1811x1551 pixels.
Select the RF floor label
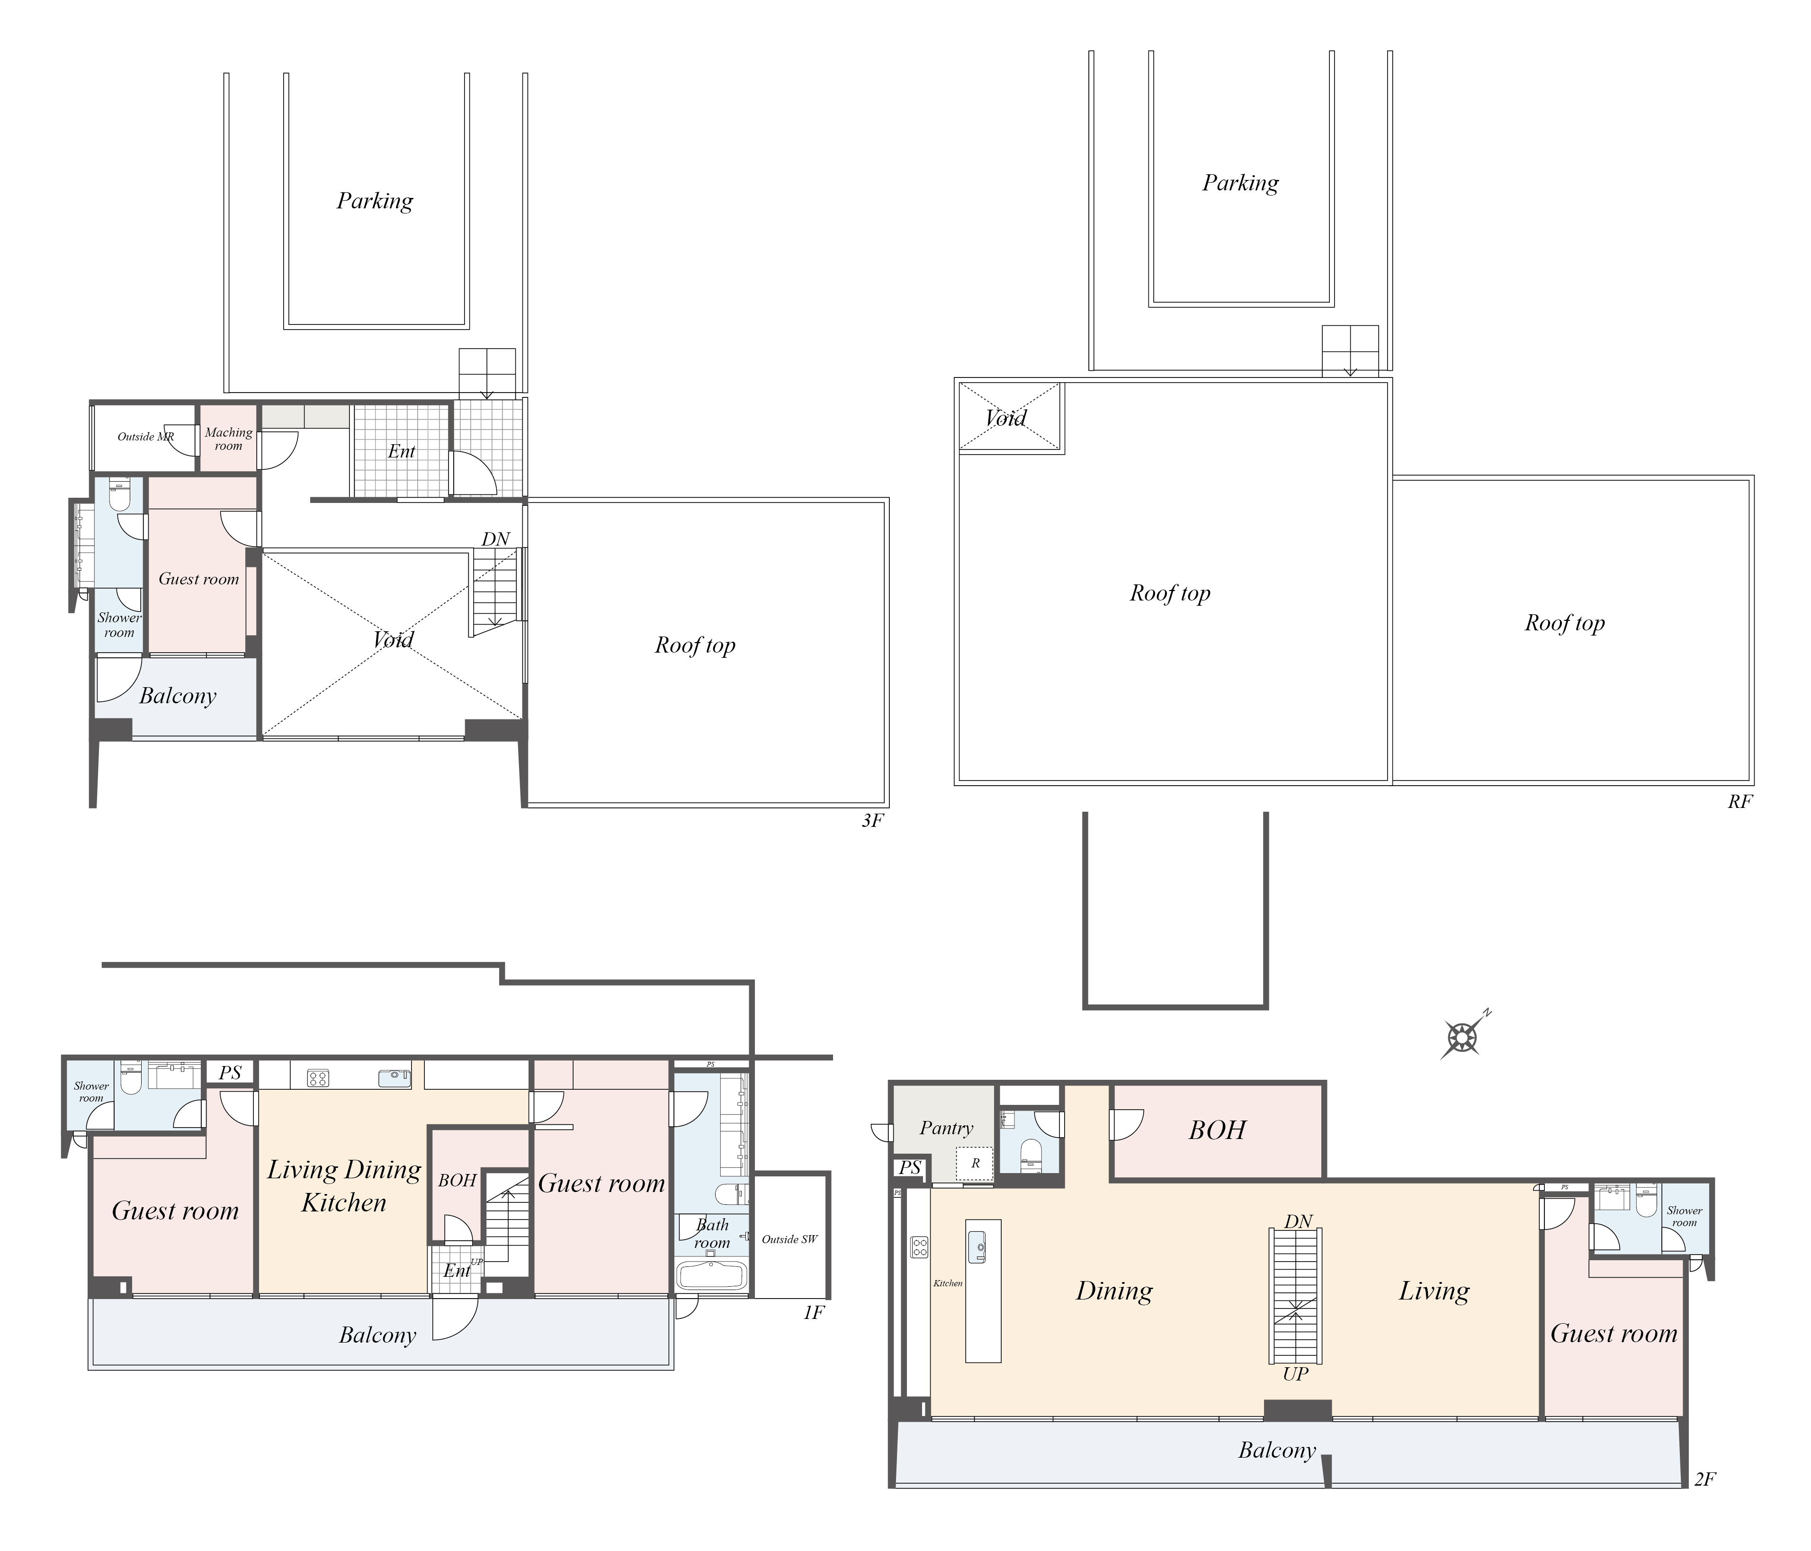point(1739,801)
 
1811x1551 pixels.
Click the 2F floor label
point(1704,1479)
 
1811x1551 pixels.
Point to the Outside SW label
point(790,1239)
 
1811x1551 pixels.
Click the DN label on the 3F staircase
point(495,539)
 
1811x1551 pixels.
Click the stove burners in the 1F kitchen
point(318,1078)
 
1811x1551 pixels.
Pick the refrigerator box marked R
point(975,1163)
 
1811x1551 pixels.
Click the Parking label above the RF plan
point(1240,183)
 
